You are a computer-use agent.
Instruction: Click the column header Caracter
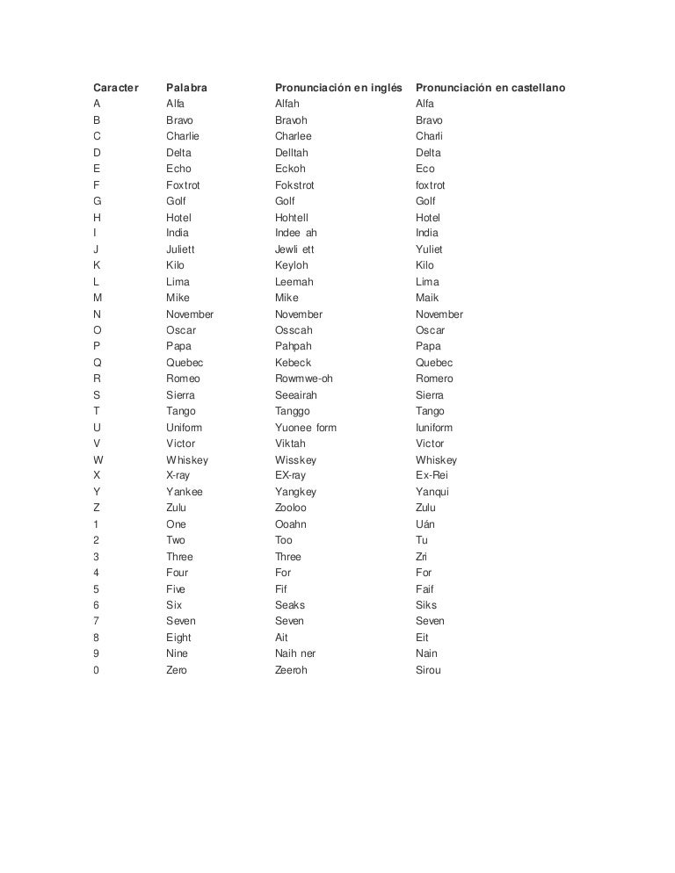coord(116,88)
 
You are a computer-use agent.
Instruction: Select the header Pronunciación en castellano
coord(490,88)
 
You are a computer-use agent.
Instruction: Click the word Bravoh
coord(292,120)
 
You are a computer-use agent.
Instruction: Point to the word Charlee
coord(294,136)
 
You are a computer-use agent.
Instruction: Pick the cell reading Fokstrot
coord(294,185)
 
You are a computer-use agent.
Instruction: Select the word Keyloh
coord(293,265)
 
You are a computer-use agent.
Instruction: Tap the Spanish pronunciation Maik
coord(428,298)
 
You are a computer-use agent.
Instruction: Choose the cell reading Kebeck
coord(293,363)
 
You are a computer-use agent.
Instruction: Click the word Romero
coord(434,379)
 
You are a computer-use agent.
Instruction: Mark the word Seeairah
coord(295,395)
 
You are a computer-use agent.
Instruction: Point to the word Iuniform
coord(435,428)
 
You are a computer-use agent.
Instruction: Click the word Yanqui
coord(432,492)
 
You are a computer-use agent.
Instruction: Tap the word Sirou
coord(429,670)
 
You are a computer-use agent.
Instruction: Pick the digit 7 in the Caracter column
coord(96,621)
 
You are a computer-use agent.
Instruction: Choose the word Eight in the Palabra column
coord(178,638)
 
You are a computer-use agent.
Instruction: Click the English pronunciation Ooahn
coord(291,524)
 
